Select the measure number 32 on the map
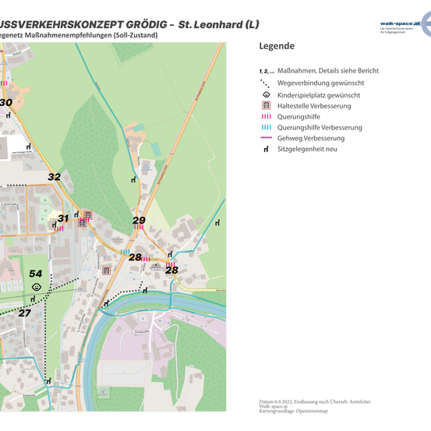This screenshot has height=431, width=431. coord(54,177)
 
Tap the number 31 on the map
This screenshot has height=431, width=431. coord(63,219)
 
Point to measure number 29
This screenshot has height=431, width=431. coord(139,221)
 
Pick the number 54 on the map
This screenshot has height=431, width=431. coord(36,274)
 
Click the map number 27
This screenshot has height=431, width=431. coord(25,313)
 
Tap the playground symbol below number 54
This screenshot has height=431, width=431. coord(37,287)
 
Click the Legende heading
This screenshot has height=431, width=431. coord(277,46)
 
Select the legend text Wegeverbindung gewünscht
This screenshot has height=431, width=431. coord(320,83)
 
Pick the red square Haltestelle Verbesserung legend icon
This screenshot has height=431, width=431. coord(266,104)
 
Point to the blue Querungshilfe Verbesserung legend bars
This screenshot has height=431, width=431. coord(266,127)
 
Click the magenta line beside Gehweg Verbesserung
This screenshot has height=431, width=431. coord(266,138)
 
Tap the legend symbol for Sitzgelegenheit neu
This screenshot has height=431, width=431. coord(266,149)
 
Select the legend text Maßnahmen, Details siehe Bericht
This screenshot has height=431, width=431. coord(328,71)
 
